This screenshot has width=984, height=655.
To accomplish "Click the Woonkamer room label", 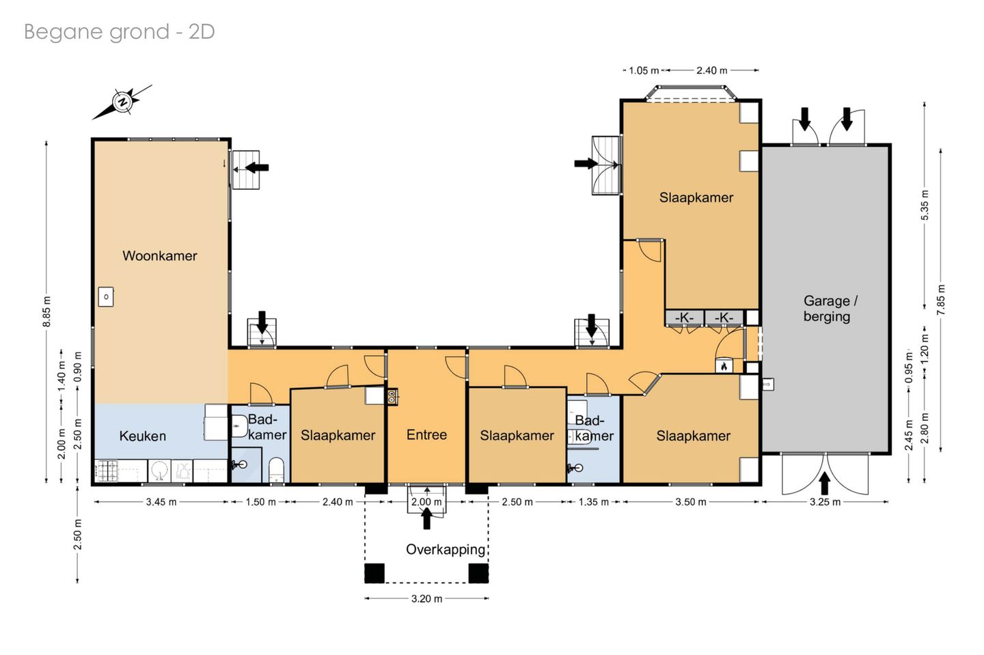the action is click(x=159, y=256).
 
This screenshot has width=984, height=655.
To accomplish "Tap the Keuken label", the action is click(x=143, y=436).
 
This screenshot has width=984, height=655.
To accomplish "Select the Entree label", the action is click(x=426, y=434).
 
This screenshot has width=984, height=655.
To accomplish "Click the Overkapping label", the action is click(x=446, y=550).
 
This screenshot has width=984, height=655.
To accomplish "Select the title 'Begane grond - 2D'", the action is click(x=120, y=32).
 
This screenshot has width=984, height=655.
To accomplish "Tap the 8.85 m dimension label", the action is click(x=47, y=311).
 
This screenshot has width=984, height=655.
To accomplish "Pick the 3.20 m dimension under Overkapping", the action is click(x=426, y=599).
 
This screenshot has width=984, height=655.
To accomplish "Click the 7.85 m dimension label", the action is click(x=940, y=300).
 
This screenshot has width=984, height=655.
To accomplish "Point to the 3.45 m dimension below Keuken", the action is click(x=161, y=502).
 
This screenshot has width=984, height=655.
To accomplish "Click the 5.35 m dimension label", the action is click(x=925, y=206).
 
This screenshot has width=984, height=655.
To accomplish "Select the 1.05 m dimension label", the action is click(x=644, y=70).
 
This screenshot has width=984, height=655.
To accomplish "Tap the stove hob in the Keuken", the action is click(x=107, y=470).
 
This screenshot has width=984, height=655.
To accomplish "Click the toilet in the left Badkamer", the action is click(x=276, y=470).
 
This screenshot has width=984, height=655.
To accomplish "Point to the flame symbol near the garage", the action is click(x=724, y=366).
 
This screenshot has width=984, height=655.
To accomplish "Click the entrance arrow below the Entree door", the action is click(x=426, y=518).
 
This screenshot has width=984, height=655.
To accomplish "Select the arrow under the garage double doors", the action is click(x=825, y=483).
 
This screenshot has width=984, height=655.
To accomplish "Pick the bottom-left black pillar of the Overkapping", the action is click(x=374, y=573).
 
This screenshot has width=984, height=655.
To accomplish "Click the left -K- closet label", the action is click(x=684, y=318).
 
